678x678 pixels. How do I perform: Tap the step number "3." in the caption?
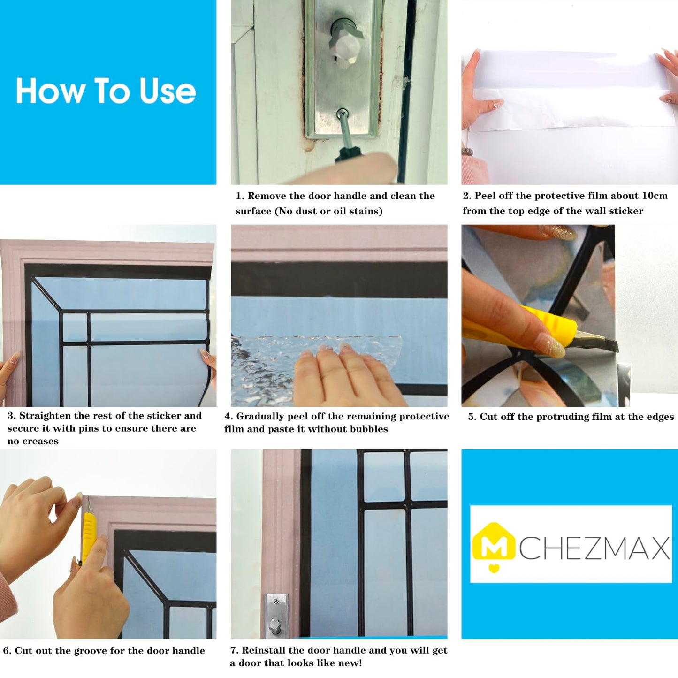point(12,416)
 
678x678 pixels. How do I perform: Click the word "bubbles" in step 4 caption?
point(370,429)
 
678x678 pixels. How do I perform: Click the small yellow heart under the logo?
point(493,569)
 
